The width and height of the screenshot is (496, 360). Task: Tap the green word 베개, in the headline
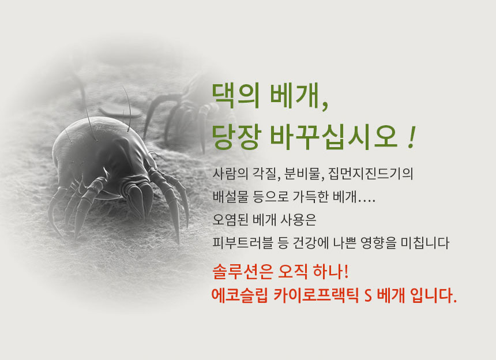pyautogui.click(x=299, y=96)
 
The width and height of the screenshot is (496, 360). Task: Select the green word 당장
pyautogui.click(x=236, y=137)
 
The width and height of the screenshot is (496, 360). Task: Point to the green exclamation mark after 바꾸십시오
pyautogui.click(x=411, y=137)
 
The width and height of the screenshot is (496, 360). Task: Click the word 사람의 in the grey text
pyautogui.click(x=230, y=174)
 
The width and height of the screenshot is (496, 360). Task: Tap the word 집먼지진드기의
pyautogui.click(x=370, y=174)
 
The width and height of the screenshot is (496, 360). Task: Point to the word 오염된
pyautogui.click(x=230, y=220)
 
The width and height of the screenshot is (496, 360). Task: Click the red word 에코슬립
pyautogui.click(x=239, y=295)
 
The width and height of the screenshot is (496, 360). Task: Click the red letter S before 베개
pyautogui.click(x=368, y=296)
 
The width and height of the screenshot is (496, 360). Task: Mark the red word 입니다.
pyautogui.click(x=433, y=295)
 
